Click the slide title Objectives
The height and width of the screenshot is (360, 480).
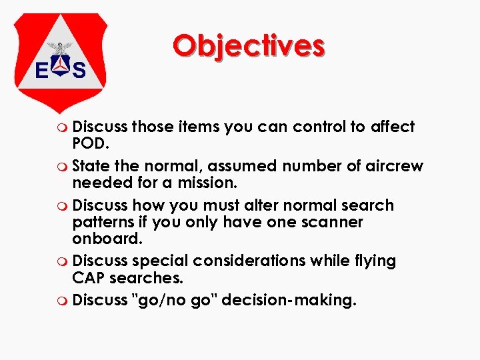[x=249, y=45]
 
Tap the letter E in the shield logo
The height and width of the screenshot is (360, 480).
[x=41, y=70]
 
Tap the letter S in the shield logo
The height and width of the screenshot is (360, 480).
[x=79, y=70]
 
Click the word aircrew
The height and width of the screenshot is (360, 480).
[x=394, y=165]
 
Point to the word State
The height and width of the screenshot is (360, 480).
[x=91, y=165]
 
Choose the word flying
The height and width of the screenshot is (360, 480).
[x=373, y=261]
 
